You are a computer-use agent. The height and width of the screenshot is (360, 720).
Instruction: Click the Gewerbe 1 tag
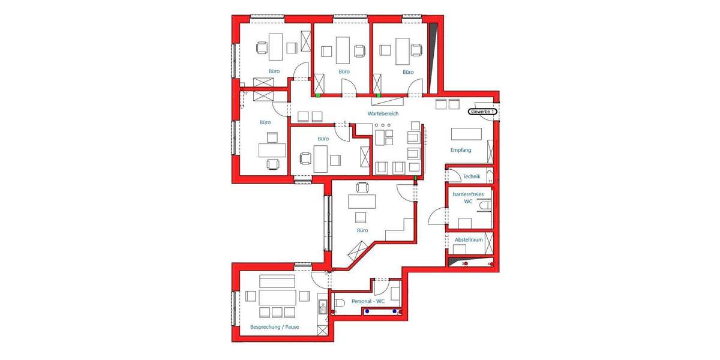pyautogui.click(x=482, y=112)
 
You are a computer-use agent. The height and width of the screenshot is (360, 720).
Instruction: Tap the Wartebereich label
pyautogui.click(x=383, y=113)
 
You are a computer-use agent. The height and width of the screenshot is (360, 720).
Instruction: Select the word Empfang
pyautogui.click(x=460, y=150)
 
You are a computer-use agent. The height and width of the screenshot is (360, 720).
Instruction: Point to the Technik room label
pyautogui.click(x=472, y=176)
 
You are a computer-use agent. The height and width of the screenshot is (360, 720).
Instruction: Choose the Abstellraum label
pyautogui.click(x=469, y=240)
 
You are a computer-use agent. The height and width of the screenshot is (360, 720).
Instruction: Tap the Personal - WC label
pyautogui.click(x=368, y=301)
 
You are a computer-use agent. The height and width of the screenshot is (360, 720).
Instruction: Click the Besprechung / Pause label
pyautogui.click(x=274, y=328)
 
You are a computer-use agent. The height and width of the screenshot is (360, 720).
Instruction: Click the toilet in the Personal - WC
pyautogui.click(x=338, y=307)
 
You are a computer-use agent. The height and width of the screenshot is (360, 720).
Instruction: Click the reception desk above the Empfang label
pyautogui.click(x=466, y=134)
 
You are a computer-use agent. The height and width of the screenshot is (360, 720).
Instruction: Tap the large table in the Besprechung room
pyautogui.click(x=277, y=297)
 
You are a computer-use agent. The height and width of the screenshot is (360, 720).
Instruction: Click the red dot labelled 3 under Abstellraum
pyautogui.click(x=466, y=264)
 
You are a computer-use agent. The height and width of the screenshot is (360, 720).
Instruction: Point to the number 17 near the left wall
pyautogui.click(x=245, y=94)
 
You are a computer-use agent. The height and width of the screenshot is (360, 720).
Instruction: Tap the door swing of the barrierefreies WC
pyautogui.click(x=439, y=214)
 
